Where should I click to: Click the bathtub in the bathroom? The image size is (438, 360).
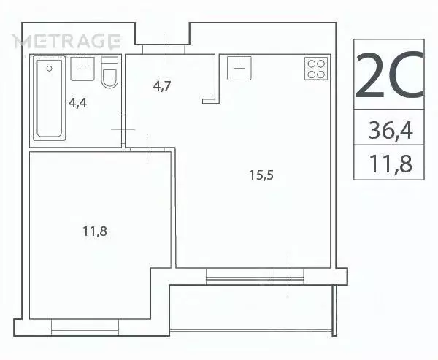[x=50, y=99]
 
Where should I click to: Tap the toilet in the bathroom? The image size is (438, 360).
[x=109, y=72]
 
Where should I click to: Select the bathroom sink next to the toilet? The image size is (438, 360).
[x=82, y=69]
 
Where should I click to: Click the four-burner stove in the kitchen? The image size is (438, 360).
[x=315, y=68]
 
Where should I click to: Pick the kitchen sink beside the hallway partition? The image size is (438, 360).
[x=238, y=68]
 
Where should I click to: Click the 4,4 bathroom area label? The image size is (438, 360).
[x=78, y=102]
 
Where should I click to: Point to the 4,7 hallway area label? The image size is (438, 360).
[x=163, y=85]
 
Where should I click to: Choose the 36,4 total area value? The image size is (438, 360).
[x=390, y=131]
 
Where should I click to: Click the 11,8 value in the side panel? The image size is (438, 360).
[x=390, y=164]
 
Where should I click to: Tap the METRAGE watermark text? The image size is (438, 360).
[x=67, y=41]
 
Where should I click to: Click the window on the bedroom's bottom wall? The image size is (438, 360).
[x=85, y=326]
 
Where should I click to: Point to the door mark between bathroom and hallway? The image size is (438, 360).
[x=123, y=129]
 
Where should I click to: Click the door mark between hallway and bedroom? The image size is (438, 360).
[x=148, y=149]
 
